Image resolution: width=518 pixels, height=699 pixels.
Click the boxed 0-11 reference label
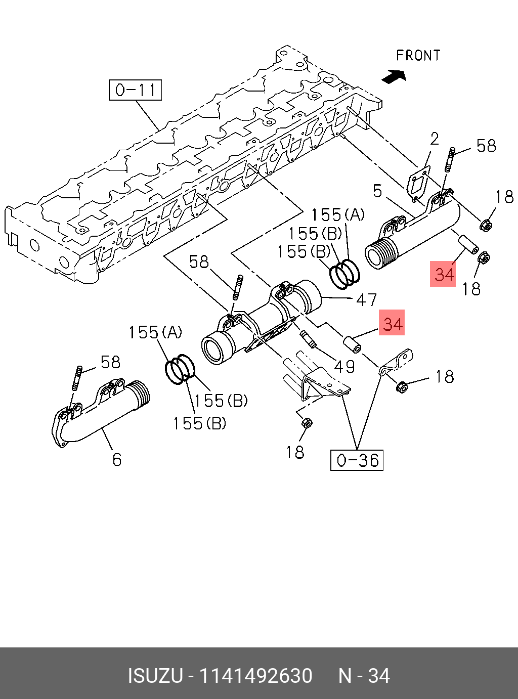coord(135,90)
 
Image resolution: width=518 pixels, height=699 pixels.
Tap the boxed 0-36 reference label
coord(357,460)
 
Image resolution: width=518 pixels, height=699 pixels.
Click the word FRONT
coord(418,56)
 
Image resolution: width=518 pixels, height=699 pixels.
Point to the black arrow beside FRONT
coord(395,76)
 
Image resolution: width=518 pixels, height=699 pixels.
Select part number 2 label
coord(435,139)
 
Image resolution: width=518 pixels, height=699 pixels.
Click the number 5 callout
coord(377,191)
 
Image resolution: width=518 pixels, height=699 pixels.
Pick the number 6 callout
coord(117,459)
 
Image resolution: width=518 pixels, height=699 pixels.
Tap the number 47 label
coord(366,300)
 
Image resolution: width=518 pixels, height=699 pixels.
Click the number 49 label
coord(345,366)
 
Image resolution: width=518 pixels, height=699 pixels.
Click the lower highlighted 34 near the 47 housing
coord(393,324)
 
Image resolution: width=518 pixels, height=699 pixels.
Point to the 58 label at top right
coord(486,146)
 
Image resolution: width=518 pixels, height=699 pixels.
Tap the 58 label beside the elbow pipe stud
coord(110,362)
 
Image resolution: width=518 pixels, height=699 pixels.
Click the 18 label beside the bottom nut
coord(295,452)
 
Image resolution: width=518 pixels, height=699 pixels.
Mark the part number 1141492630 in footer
coord(256,676)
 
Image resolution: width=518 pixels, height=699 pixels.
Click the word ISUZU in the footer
coord(155,676)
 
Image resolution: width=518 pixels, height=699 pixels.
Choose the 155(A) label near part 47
coord(337,215)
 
